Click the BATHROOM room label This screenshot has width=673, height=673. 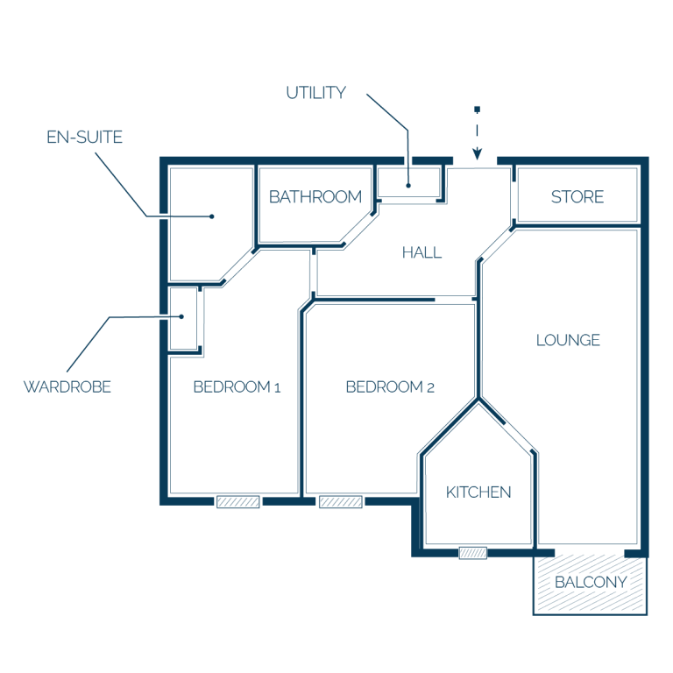[315, 196]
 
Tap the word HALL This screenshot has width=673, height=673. [422, 252]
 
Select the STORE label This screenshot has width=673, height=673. [577, 196]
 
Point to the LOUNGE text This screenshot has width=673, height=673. [568, 340]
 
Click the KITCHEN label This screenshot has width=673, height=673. [478, 492]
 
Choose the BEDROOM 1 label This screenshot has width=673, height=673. [237, 386]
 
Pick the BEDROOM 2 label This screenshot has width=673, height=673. [390, 386]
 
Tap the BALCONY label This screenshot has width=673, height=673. [591, 582]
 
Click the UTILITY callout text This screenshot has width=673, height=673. [315, 93]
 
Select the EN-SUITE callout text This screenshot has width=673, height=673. [84, 137]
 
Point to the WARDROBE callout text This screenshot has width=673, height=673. [67, 386]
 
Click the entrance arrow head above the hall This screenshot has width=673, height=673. [478, 153]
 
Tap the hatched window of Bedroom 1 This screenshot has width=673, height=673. [237, 502]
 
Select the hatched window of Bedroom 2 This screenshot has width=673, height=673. [340, 502]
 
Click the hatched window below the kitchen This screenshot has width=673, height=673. [473, 553]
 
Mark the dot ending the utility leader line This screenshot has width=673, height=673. [408, 186]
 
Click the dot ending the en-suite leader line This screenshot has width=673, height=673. [211, 216]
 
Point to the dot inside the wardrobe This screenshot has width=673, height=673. [181, 316]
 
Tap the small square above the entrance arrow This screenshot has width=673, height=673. [477, 110]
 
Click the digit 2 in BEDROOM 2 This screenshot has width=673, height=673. [430, 388]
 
